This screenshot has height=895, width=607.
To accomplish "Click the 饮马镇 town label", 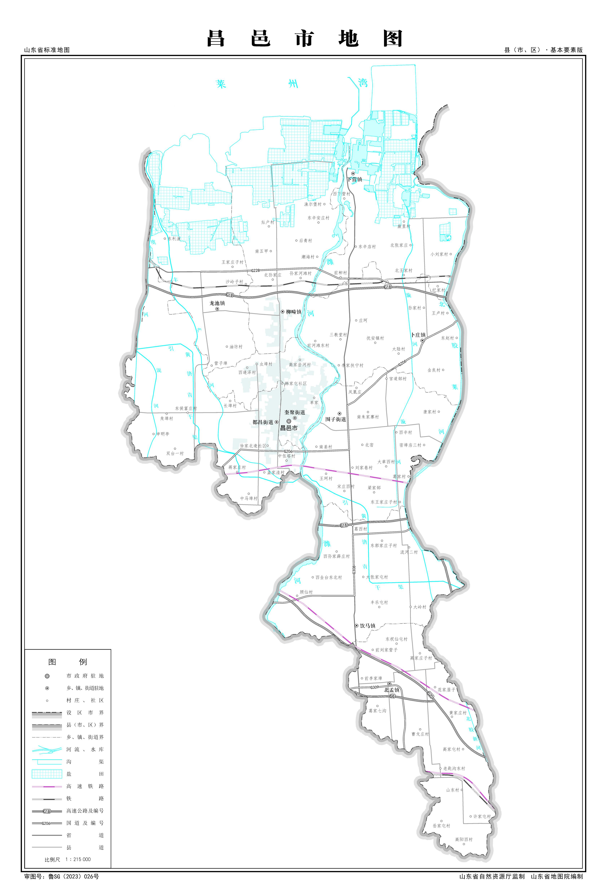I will coord(368,626).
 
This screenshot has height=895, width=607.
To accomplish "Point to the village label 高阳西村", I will coord(464,839).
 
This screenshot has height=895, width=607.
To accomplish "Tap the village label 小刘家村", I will coord(439,254).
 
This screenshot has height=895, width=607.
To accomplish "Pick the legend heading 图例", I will coord(67,662).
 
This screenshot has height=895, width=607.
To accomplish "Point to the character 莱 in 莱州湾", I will coord(221,84).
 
